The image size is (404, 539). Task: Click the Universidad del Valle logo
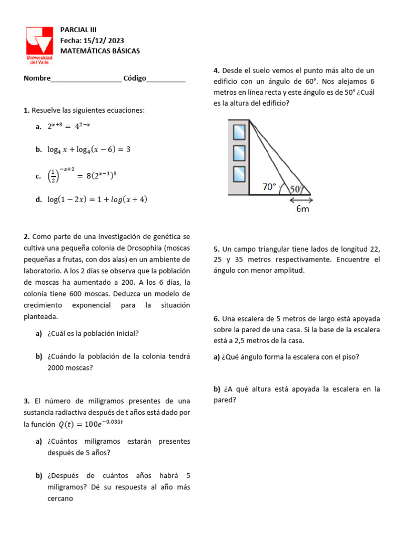[x=39, y=45]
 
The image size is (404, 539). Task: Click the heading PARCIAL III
[x=78, y=30]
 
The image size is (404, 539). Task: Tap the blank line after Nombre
[x=86, y=79]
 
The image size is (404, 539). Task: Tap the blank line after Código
[x=166, y=79]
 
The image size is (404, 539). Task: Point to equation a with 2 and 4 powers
[x=69, y=126]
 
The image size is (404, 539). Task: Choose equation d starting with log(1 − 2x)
[x=97, y=199]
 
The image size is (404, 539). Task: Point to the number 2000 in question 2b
[x=57, y=368]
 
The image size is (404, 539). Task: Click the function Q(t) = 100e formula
[x=90, y=424]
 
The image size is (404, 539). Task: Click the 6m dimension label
[x=302, y=209]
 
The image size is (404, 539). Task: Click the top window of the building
[x=239, y=132]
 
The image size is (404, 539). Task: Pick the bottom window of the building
[x=239, y=173]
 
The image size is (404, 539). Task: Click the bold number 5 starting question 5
[x=216, y=248]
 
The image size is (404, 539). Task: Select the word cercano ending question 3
[x=60, y=498]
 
